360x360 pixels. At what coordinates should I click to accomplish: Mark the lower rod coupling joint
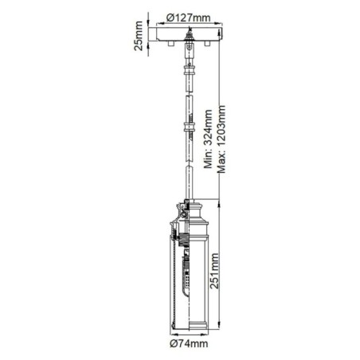coord(189,127)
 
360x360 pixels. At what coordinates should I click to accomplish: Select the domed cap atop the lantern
coord(189,209)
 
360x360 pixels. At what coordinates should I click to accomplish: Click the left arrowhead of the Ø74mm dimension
coord(170,334)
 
